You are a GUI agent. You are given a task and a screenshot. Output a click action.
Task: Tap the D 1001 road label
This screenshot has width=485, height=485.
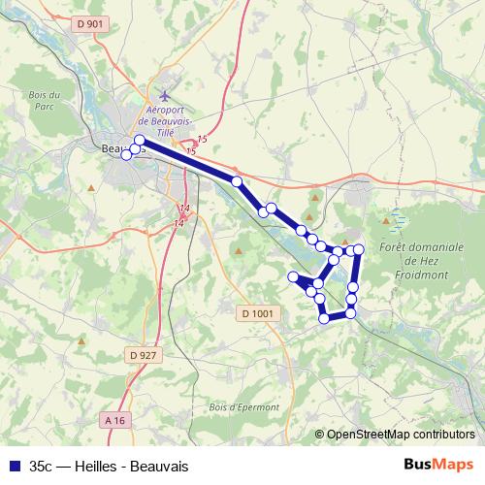tap(258, 313)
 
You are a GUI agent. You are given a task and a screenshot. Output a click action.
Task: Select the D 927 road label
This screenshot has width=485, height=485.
tap(142, 355)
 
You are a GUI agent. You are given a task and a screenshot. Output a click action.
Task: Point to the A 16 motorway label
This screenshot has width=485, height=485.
tap(113, 419)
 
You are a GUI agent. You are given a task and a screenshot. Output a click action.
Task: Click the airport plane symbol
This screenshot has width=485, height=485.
tap(165, 97)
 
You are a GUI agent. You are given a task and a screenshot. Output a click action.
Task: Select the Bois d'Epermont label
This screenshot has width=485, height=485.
tap(243, 407)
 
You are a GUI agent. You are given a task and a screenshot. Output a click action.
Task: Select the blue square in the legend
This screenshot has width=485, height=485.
tap(13, 465)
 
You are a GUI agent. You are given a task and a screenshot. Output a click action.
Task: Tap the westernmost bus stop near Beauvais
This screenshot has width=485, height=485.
tap(126, 154)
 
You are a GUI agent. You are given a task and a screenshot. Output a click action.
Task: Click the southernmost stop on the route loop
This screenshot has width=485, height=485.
tap(324, 318)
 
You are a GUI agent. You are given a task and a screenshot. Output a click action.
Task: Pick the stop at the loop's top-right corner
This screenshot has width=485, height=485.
tap(358, 250)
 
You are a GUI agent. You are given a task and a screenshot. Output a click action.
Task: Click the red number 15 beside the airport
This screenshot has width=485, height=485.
tap(202, 142)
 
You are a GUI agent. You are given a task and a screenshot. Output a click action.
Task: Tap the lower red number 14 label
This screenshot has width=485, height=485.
tap(178, 224)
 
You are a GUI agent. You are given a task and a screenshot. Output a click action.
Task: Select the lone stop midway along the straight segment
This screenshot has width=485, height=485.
tap(237, 181)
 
